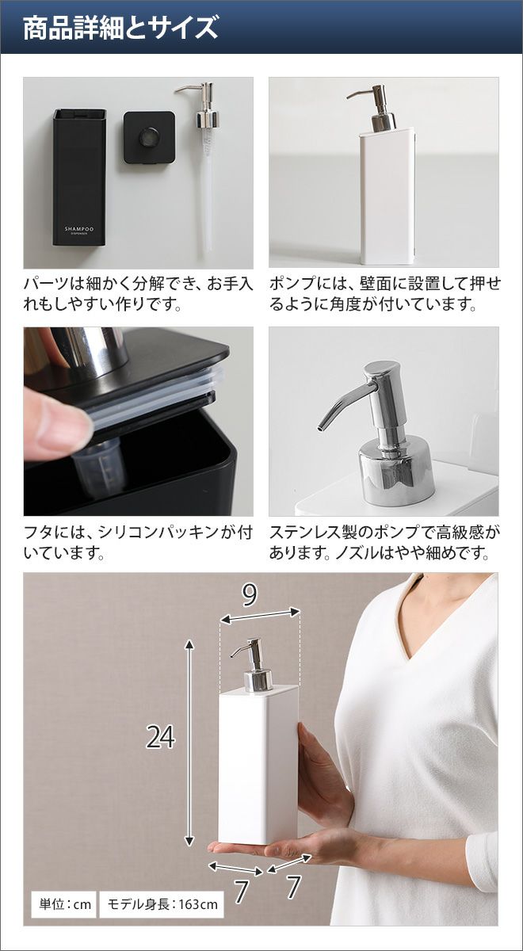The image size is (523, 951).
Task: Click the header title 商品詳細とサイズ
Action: click(x=120, y=29)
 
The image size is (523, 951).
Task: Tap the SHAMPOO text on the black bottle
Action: click(x=79, y=229)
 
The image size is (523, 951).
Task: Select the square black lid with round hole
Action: click(x=149, y=137)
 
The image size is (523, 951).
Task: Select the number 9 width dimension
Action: click(x=249, y=595)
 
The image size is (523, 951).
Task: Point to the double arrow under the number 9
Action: click(x=261, y=616)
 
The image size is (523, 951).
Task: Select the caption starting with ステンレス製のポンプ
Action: click(x=384, y=542)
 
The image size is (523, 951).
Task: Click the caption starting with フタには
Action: click(x=138, y=542)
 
